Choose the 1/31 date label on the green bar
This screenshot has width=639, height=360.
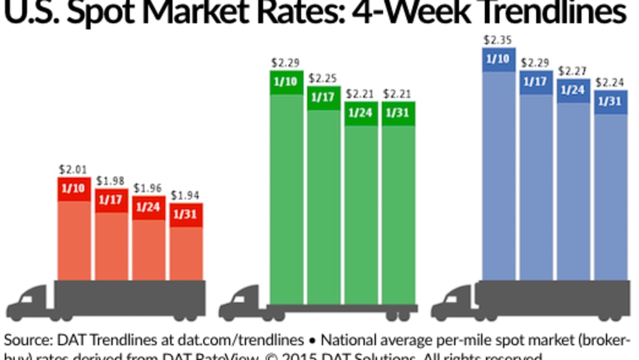tap(398, 113)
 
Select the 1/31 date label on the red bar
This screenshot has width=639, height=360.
tap(186, 215)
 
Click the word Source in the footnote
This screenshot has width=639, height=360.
tap(25, 340)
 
